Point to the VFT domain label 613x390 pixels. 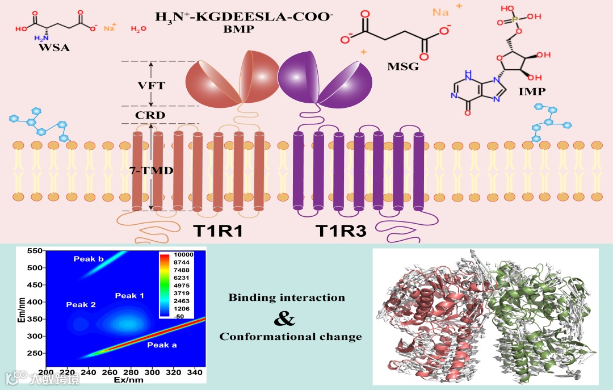151,86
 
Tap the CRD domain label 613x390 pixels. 150,115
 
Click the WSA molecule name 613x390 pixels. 54,48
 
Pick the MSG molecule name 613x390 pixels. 403,67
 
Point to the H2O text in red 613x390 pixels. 138,29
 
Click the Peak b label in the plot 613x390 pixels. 89,259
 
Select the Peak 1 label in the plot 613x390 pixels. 129,296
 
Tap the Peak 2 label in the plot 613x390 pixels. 81,305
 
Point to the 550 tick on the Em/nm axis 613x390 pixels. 35,250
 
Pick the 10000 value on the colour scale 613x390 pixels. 184,255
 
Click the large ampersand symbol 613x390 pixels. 284,318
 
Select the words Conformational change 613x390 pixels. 291,337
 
